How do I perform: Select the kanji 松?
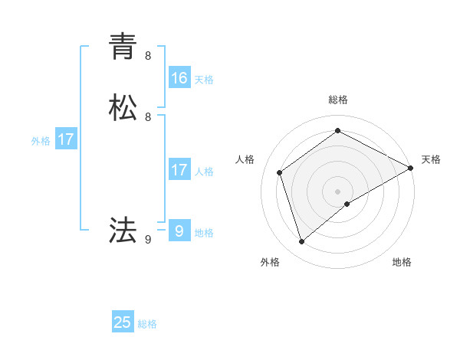123,108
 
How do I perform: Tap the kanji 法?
123,230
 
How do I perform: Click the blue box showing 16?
179,78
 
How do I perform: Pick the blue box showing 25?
123,322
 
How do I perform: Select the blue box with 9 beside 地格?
179,231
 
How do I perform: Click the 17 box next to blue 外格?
66,139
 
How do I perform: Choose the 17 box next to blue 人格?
179,170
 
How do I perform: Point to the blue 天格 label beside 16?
204,80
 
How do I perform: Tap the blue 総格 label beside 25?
147,324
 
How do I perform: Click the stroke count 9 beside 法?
148,240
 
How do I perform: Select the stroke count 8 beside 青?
148,56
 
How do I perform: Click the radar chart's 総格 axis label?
338,100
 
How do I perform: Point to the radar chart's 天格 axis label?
431,159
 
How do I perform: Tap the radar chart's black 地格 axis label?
402,262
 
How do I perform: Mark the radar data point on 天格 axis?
411,168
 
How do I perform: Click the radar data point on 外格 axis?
301,242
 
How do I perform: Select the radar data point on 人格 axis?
280,172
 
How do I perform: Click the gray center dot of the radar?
338,191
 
